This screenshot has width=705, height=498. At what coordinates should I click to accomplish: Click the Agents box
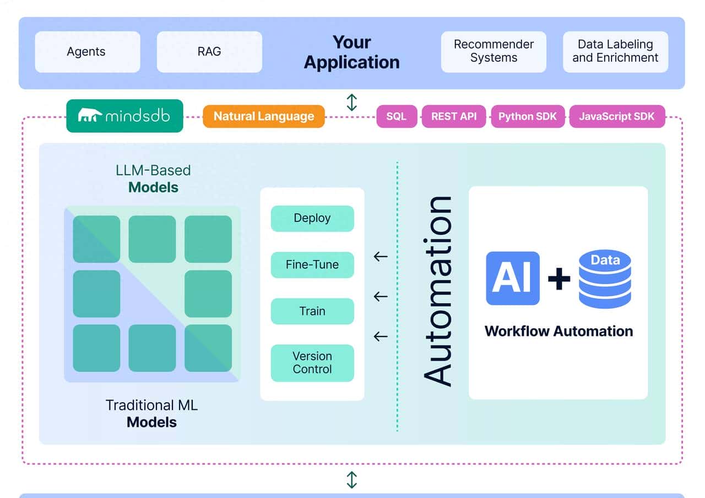click(x=87, y=52)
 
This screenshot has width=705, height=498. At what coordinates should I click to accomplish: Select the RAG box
click(x=209, y=52)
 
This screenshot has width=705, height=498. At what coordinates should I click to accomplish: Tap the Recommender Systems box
click(x=493, y=52)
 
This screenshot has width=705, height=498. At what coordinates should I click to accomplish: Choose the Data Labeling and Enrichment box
click(x=615, y=52)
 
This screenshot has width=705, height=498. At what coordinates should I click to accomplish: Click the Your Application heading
click(x=352, y=52)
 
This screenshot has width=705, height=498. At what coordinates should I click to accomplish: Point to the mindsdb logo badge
click(x=124, y=116)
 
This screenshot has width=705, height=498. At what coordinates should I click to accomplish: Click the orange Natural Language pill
click(x=264, y=116)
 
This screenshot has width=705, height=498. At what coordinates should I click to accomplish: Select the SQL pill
click(x=396, y=116)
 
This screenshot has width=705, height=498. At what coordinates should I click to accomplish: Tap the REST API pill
click(x=454, y=116)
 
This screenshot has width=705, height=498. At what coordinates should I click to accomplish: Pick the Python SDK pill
click(x=528, y=116)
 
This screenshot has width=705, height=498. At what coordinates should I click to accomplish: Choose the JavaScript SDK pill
click(x=617, y=116)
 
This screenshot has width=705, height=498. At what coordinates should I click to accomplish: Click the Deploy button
click(x=312, y=218)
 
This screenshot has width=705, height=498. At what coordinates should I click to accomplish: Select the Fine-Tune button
click(x=312, y=264)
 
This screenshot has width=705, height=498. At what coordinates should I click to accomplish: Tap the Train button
click(x=312, y=311)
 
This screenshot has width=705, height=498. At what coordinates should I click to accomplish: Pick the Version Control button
click(x=312, y=362)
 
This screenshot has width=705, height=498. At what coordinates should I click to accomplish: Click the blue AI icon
click(x=512, y=278)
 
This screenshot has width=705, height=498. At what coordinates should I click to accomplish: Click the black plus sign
click(x=559, y=279)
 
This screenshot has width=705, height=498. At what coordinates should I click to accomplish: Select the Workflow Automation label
click(x=558, y=331)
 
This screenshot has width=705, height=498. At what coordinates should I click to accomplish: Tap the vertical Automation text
click(x=438, y=291)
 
